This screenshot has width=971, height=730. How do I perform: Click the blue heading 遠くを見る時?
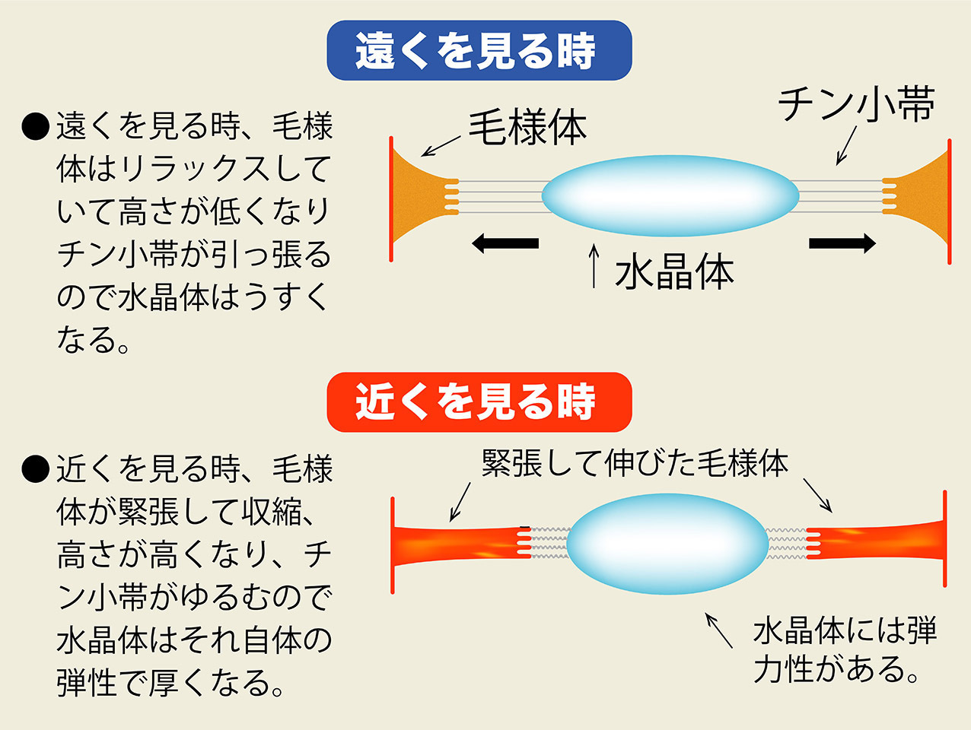coord(479,51)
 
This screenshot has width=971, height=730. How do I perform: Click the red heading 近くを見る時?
coord(479,402)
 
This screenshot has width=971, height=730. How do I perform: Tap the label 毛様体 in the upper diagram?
coord(527,127)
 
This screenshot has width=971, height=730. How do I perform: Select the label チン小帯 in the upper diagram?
coord(855,104)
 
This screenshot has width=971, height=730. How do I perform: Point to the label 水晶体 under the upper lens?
coord(674,272)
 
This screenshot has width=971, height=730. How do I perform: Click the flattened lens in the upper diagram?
coord(670,195)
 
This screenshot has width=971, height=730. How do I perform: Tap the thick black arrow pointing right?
coord(842,243)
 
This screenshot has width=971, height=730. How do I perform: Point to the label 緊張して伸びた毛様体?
coord(635,463)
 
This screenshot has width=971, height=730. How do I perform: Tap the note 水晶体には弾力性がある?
coord(845,650)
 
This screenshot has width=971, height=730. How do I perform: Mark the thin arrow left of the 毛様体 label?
coord(441,145)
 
